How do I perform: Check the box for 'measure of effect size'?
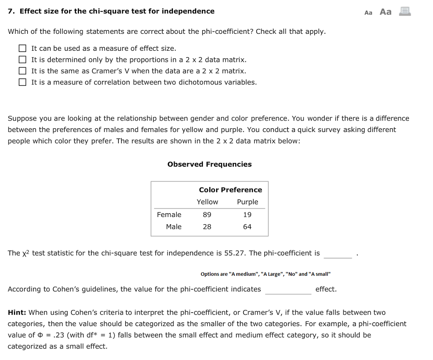pos(22,49)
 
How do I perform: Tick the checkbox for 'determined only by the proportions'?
pos(22,60)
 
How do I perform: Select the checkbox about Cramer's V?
pos(22,71)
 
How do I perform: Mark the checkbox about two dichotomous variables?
pos(22,82)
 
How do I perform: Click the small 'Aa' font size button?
pos(368,13)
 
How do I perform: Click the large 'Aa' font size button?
pos(385,12)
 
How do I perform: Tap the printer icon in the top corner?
pos(405,11)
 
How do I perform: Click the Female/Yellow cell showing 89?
pos(207,215)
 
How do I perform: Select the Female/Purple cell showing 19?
pos(247,215)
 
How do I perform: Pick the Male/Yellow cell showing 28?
pos(207,227)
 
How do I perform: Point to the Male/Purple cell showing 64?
pos(247,227)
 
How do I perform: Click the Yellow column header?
pos(207,202)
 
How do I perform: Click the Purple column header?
pos(247,202)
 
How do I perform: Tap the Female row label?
pos(169,215)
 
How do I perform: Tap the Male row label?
pos(173,227)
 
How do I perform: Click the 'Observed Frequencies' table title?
pos(209,164)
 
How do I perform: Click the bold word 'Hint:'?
pos(17,313)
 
